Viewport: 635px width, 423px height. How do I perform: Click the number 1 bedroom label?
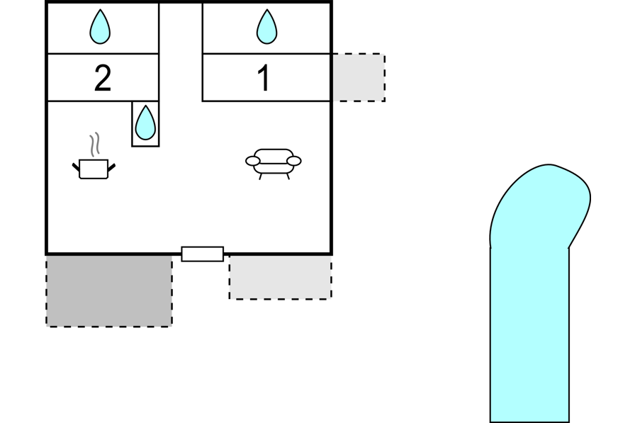coord(264,79)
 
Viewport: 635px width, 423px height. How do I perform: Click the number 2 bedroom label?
coord(103,79)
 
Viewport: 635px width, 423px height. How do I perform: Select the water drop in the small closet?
coord(145,123)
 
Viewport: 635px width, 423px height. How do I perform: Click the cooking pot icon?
coord(94,169)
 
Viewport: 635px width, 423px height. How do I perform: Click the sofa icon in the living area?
coord(274,161)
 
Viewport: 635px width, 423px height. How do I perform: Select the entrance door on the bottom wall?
coord(203,254)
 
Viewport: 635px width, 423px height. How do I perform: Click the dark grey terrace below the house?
coord(109,291)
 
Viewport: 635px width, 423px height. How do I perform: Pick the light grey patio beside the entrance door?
coord(280,277)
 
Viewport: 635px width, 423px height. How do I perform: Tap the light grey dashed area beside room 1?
coord(359,77)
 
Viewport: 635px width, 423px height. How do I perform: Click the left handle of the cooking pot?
coord(77,167)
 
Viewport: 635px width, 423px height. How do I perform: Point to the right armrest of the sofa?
coord(294,162)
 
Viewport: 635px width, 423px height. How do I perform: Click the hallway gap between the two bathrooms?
coord(181,50)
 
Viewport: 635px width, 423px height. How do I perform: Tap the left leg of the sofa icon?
coord(261,176)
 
